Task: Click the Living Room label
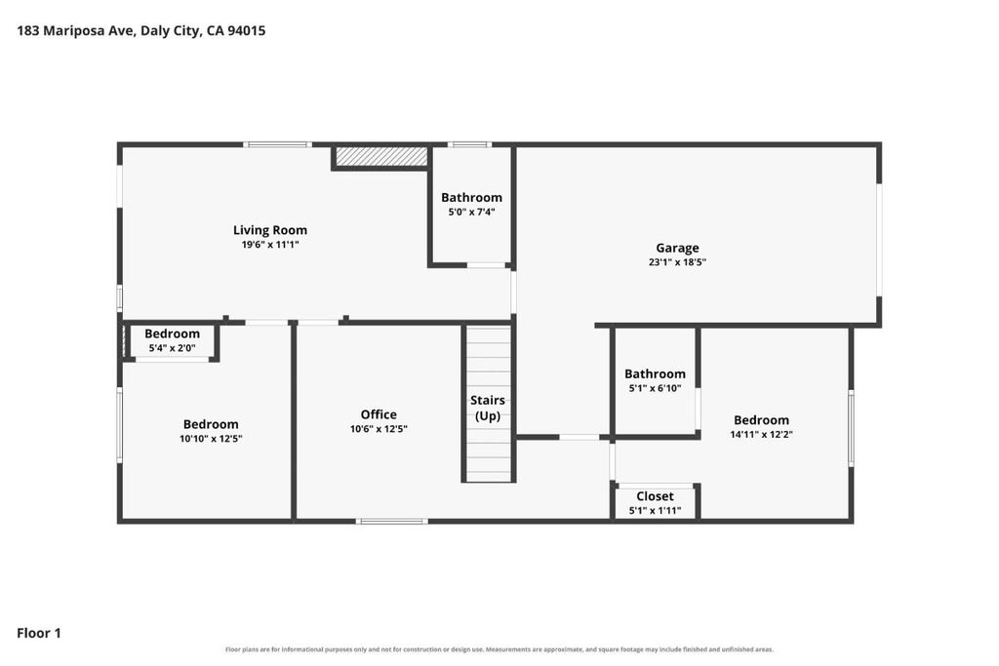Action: point(270,230)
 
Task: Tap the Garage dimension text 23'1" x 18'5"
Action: point(677,261)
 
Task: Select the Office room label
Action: point(379,414)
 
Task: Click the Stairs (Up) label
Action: point(488,409)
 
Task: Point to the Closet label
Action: point(655,496)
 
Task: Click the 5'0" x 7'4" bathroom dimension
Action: point(471,212)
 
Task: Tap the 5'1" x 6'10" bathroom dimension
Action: point(655,388)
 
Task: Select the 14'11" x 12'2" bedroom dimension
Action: point(761,434)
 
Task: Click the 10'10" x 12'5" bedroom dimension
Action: point(211,438)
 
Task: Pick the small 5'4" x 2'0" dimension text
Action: point(172,348)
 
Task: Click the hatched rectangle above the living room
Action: point(381,157)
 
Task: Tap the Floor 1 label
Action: point(39,633)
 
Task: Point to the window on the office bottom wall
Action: point(392,522)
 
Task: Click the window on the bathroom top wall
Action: point(469,144)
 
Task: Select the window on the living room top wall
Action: point(277,144)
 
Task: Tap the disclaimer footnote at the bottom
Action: point(499,649)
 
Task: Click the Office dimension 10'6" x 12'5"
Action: point(379,428)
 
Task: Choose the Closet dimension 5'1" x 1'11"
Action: point(655,510)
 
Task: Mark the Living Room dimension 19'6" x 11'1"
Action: point(270,244)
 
